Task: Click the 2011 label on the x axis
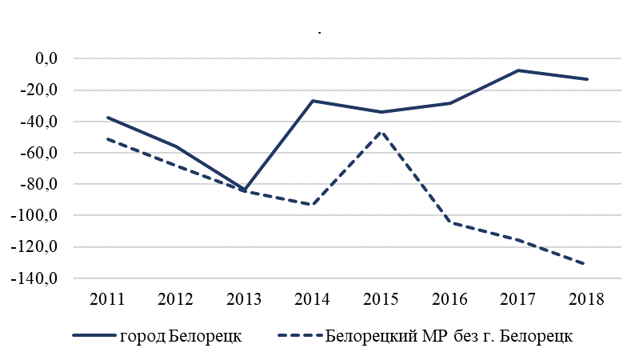coord(107,300)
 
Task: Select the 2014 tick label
coord(313,300)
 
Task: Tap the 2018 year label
coord(588,300)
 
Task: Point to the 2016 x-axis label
coord(450,300)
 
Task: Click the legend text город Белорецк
coord(180,335)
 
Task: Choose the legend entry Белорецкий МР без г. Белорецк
coord(449,335)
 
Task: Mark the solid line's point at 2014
coord(313,101)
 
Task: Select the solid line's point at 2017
coord(519,70)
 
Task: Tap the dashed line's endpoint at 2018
coord(588,264)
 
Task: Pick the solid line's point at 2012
coord(176,146)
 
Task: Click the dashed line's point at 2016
coord(450,222)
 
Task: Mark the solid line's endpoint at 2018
coord(588,79)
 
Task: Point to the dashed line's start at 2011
coord(107,138)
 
